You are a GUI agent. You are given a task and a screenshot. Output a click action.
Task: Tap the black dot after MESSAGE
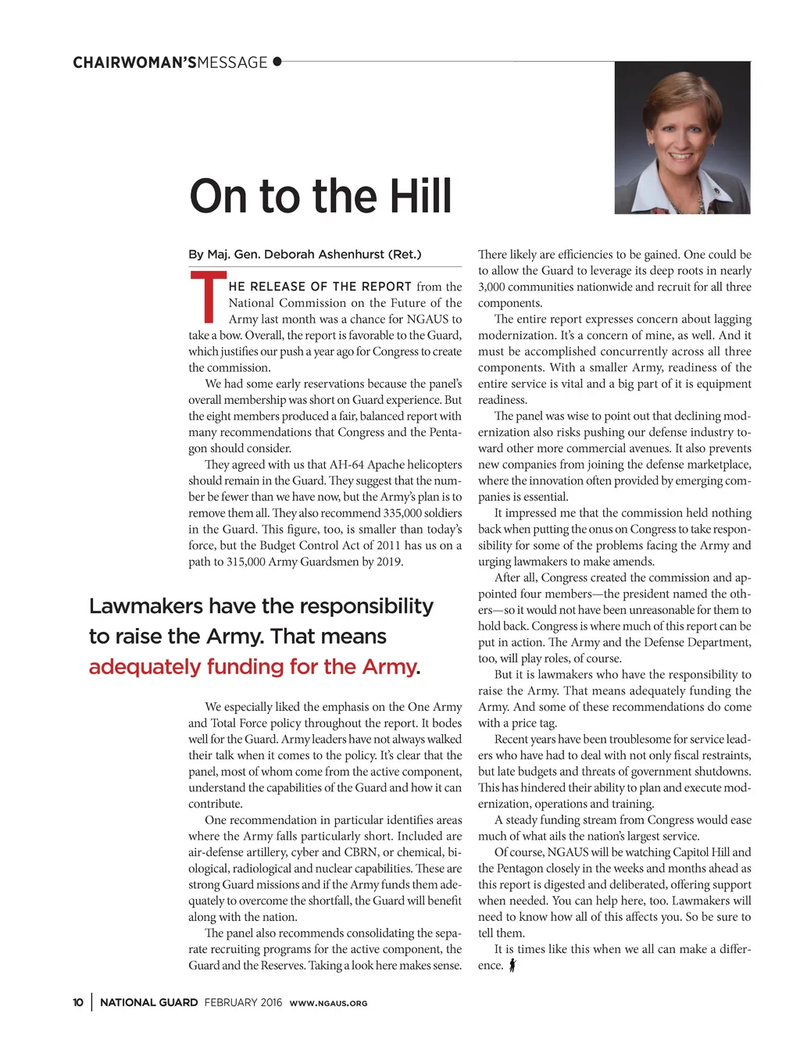(x=277, y=61)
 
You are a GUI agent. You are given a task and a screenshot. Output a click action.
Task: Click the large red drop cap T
(x=207, y=298)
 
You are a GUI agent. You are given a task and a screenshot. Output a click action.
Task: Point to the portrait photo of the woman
(x=682, y=137)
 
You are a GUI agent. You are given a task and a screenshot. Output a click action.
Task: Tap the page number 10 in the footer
(x=78, y=1003)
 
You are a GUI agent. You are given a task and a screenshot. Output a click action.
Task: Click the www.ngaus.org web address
(x=328, y=1004)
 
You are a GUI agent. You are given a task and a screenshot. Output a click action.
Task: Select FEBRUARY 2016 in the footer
(x=243, y=1003)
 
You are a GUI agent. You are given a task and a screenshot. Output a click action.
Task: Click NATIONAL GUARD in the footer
(x=148, y=1003)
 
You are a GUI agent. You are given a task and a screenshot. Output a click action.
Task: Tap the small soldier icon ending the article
(x=512, y=965)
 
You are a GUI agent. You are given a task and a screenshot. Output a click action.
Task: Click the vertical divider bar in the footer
(x=91, y=1002)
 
